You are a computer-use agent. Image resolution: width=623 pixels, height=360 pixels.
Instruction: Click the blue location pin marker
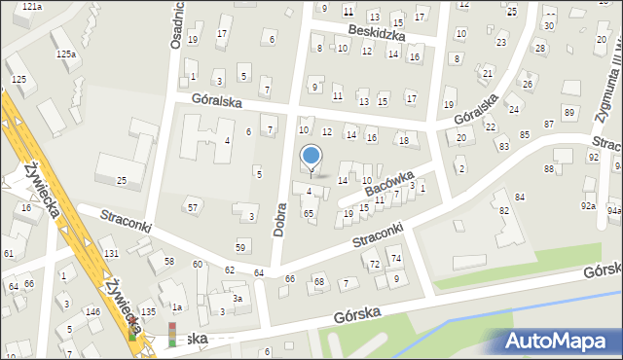[x=311, y=157]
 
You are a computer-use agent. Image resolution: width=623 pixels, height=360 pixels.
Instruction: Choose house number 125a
[x=65, y=54]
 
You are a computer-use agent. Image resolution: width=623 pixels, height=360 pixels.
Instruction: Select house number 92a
[x=588, y=206]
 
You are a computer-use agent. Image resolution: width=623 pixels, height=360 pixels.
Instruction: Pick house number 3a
[x=237, y=299]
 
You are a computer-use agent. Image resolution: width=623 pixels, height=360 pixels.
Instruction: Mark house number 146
[x=92, y=311]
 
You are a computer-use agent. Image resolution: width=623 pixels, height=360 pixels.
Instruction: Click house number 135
[x=148, y=311]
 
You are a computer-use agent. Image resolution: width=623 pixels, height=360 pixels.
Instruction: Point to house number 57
[x=193, y=208]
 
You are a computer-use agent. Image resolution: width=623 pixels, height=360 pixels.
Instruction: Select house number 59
[x=240, y=247]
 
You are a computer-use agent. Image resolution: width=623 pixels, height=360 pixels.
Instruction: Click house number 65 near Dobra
[x=309, y=213]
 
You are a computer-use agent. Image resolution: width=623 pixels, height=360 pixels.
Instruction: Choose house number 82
[x=503, y=211]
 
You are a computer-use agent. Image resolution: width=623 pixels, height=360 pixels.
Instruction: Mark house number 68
[x=318, y=281]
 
